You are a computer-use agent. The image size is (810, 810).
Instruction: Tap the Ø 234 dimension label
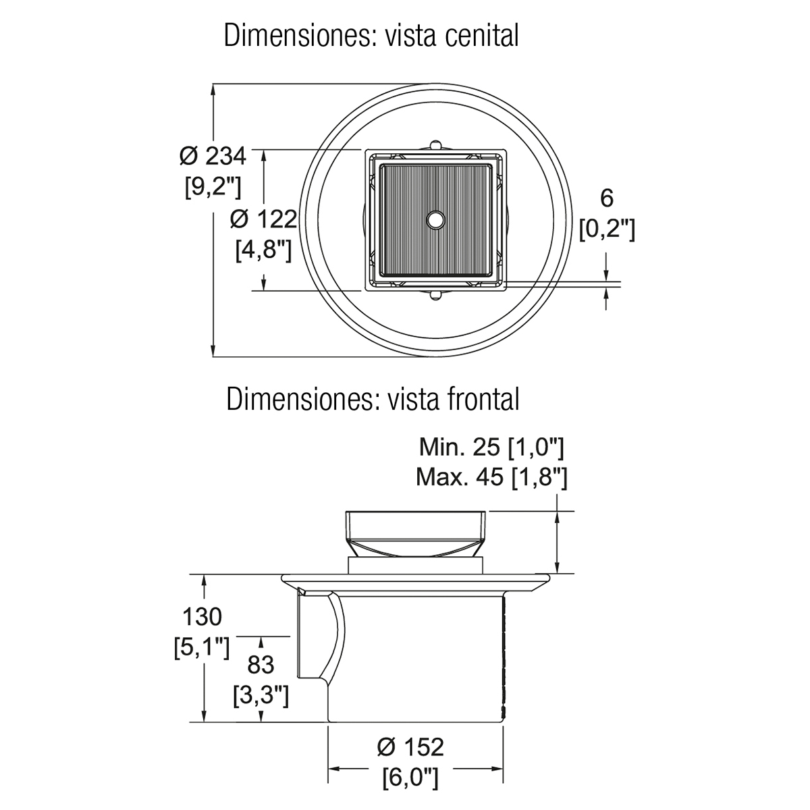coord(212,157)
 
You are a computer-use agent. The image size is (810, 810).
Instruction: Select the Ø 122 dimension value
coord(263,219)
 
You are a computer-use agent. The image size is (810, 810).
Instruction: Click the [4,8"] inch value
coord(263,250)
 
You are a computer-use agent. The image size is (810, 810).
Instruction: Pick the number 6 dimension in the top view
coord(607,198)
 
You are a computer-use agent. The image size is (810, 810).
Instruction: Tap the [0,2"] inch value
coord(607,229)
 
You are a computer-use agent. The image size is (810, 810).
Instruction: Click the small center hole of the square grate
coord(435,219)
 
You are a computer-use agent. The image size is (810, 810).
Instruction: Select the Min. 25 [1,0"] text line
coord(491,448)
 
